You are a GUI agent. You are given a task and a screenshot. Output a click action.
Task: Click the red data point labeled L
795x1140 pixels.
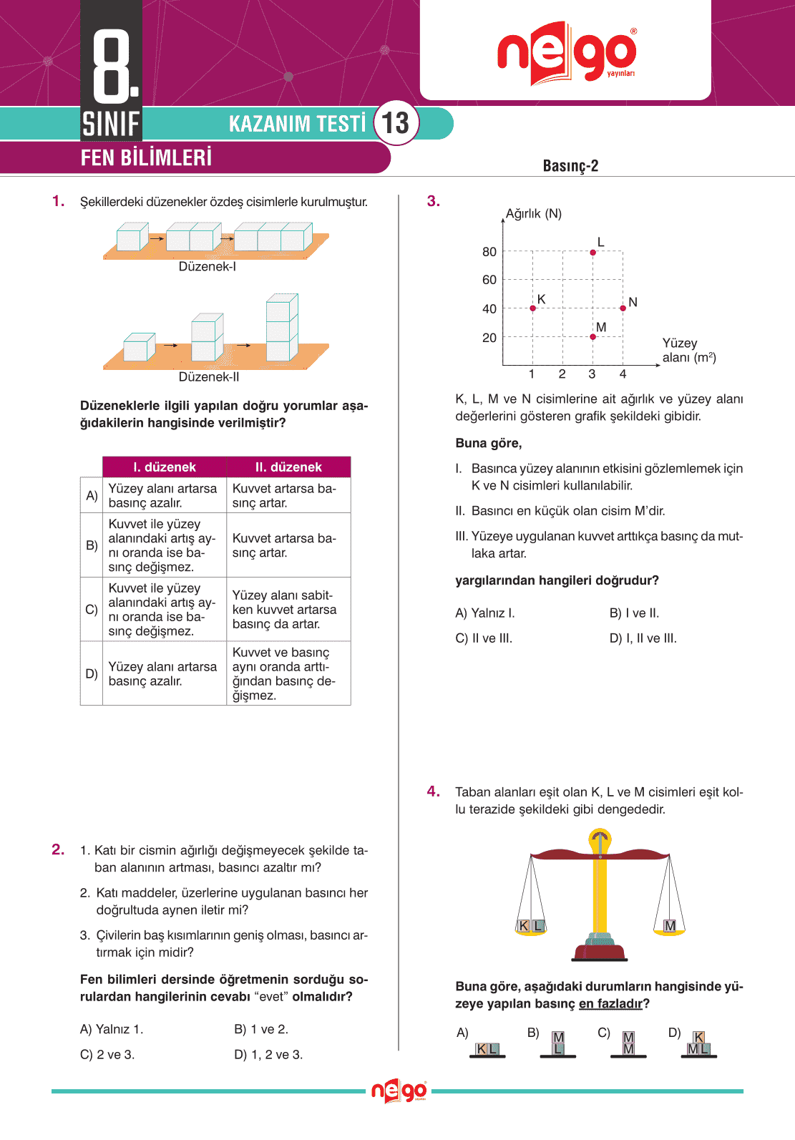click(x=592, y=253)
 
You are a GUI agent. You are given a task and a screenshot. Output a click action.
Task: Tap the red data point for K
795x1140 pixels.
click(x=532, y=308)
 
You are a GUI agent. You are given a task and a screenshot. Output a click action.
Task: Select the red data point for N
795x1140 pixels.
click(x=623, y=308)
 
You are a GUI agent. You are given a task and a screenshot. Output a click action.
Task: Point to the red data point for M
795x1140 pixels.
click(x=592, y=336)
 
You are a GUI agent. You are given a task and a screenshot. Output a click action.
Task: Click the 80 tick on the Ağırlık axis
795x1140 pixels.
click(x=489, y=252)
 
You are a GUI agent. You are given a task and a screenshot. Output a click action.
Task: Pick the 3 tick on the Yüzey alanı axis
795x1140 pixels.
click(x=592, y=374)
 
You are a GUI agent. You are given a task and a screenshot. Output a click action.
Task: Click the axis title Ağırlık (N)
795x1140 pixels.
click(x=533, y=214)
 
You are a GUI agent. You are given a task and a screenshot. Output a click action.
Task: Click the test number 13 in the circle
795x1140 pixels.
click(x=396, y=123)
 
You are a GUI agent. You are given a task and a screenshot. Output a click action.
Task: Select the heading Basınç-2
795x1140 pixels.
click(x=570, y=166)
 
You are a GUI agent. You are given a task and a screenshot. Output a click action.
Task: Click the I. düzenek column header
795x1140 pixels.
click(x=165, y=467)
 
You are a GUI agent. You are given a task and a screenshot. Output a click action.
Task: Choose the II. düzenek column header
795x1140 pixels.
click(x=288, y=467)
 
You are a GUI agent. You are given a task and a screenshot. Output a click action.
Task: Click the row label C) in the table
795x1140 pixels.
click(x=92, y=610)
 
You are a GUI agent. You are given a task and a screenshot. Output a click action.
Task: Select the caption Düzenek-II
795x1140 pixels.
click(x=209, y=377)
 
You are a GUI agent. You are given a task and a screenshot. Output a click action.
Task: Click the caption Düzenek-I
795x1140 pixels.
click(x=208, y=267)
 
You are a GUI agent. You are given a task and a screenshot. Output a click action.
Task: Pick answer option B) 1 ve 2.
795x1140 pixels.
click(x=261, y=1029)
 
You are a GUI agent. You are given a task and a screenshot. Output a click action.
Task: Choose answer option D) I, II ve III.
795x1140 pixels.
click(x=643, y=638)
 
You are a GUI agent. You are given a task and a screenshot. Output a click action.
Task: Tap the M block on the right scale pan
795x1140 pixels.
click(x=670, y=926)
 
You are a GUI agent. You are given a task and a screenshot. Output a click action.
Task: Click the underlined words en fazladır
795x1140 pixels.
click(x=610, y=1004)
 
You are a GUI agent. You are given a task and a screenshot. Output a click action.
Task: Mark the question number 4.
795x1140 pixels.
click(x=434, y=791)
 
